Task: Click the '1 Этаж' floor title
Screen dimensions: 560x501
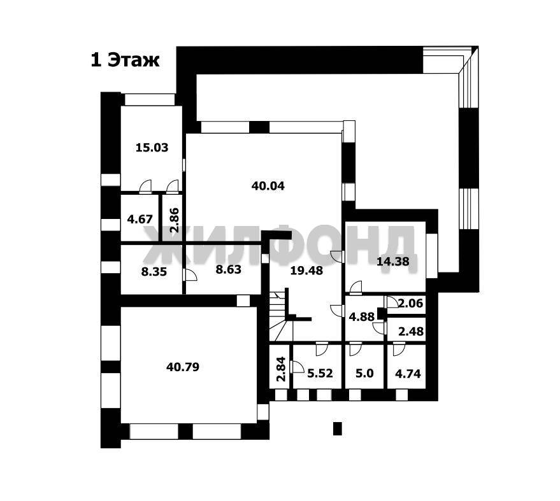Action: click(x=126, y=60)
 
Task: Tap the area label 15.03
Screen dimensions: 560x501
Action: click(x=152, y=148)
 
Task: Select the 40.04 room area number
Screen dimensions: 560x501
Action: click(x=268, y=186)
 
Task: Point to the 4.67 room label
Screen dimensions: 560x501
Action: click(x=140, y=219)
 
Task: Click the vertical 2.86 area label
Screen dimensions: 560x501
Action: click(x=175, y=220)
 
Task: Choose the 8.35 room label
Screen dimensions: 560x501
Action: click(x=154, y=272)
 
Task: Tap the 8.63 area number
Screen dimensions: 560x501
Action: click(x=229, y=269)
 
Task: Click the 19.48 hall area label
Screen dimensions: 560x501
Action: click(x=306, y=271)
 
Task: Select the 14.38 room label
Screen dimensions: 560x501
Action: click(x=393, y=262)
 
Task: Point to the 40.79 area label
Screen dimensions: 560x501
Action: click(x=183, y=367)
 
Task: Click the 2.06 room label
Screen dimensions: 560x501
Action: click(x=411, y=303)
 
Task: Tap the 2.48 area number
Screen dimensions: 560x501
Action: click(x=411, y=332)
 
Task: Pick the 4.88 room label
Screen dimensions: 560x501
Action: click(x=362, y=316)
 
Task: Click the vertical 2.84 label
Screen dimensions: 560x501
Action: click(x=282, y=369)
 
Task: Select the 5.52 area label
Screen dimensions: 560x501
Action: click(x=320, y=374)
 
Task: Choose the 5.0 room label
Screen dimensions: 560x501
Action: click(x=364, y=374)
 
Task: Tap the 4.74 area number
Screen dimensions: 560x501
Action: click(x=408, y=374)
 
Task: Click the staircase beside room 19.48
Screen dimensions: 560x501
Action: click(x=281, y=316)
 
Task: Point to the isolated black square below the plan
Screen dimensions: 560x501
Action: click(x=338, y=429)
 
